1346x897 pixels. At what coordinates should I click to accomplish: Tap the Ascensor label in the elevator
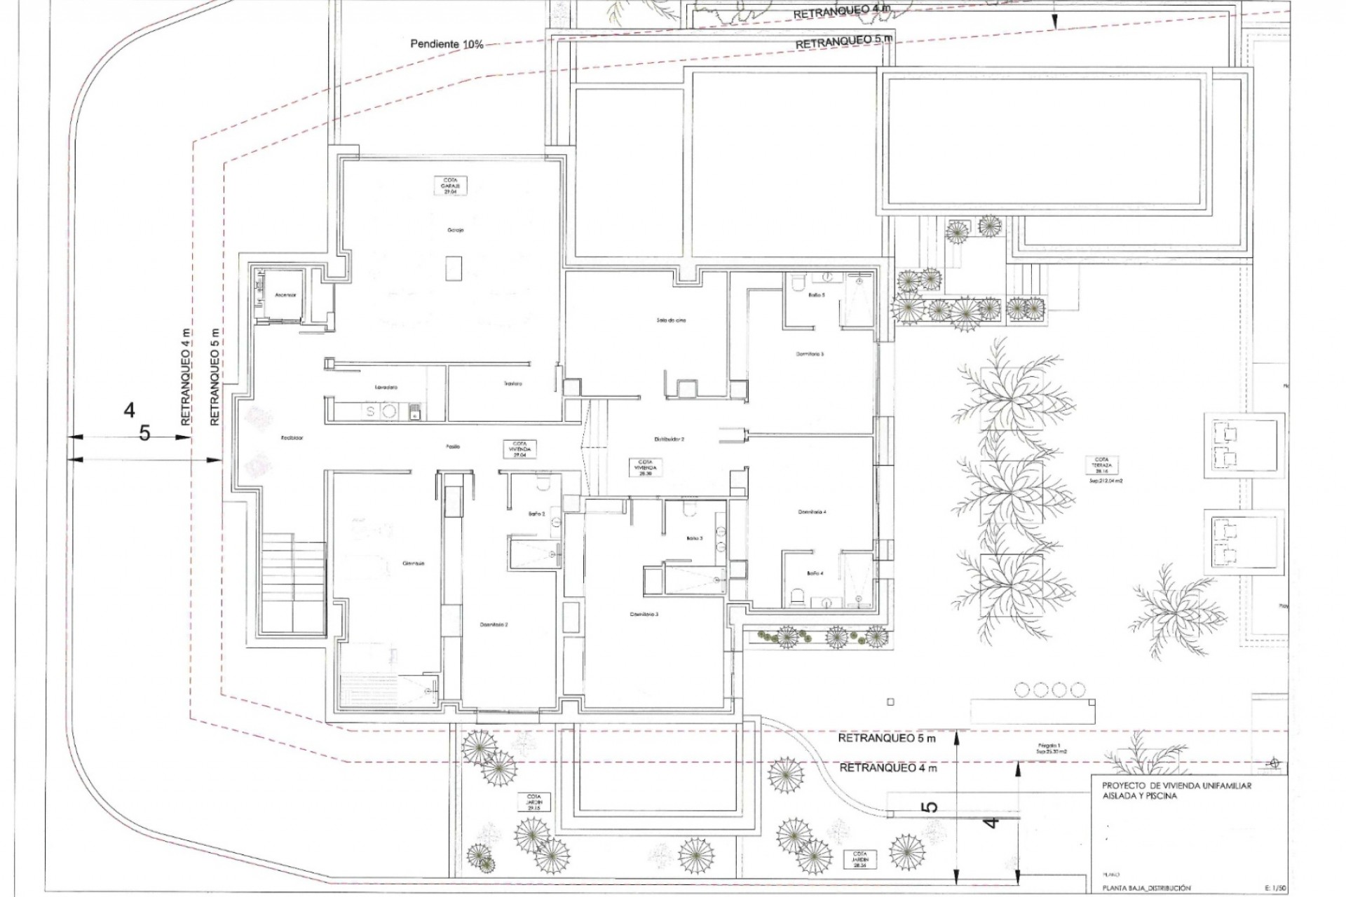pyautogui.click(x=285, y=295)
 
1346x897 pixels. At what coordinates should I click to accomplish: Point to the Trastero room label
pyautogui.click(x=512, y=384)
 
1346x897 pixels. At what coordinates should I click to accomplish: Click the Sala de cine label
pyautogui.click(x=671, y=320)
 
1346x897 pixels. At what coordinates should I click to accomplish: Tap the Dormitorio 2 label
pyautogui.click(x=494, y=624)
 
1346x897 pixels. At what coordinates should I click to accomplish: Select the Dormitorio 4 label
pyautogui.click(x=812, y=512)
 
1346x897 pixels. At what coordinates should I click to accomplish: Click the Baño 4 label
pyautogui.click(x=815, y=573)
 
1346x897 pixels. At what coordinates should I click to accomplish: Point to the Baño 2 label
pyautogui.click(x=536, y=514)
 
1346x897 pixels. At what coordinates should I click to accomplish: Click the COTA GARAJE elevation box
pyautogui.click(x=450, y=186)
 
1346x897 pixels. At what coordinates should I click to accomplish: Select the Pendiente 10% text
pyautogui.click(x=447, y=44)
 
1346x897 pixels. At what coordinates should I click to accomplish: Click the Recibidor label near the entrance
pyautogui.click(x=292, y=438)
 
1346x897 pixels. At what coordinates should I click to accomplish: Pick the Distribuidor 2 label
pyautogui.click(x=669, y=439)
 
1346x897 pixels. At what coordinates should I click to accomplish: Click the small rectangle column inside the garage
pyautogui.click(x=454, y=268)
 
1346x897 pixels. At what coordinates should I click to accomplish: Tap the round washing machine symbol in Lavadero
pyautogui.click(x=388, y=411)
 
